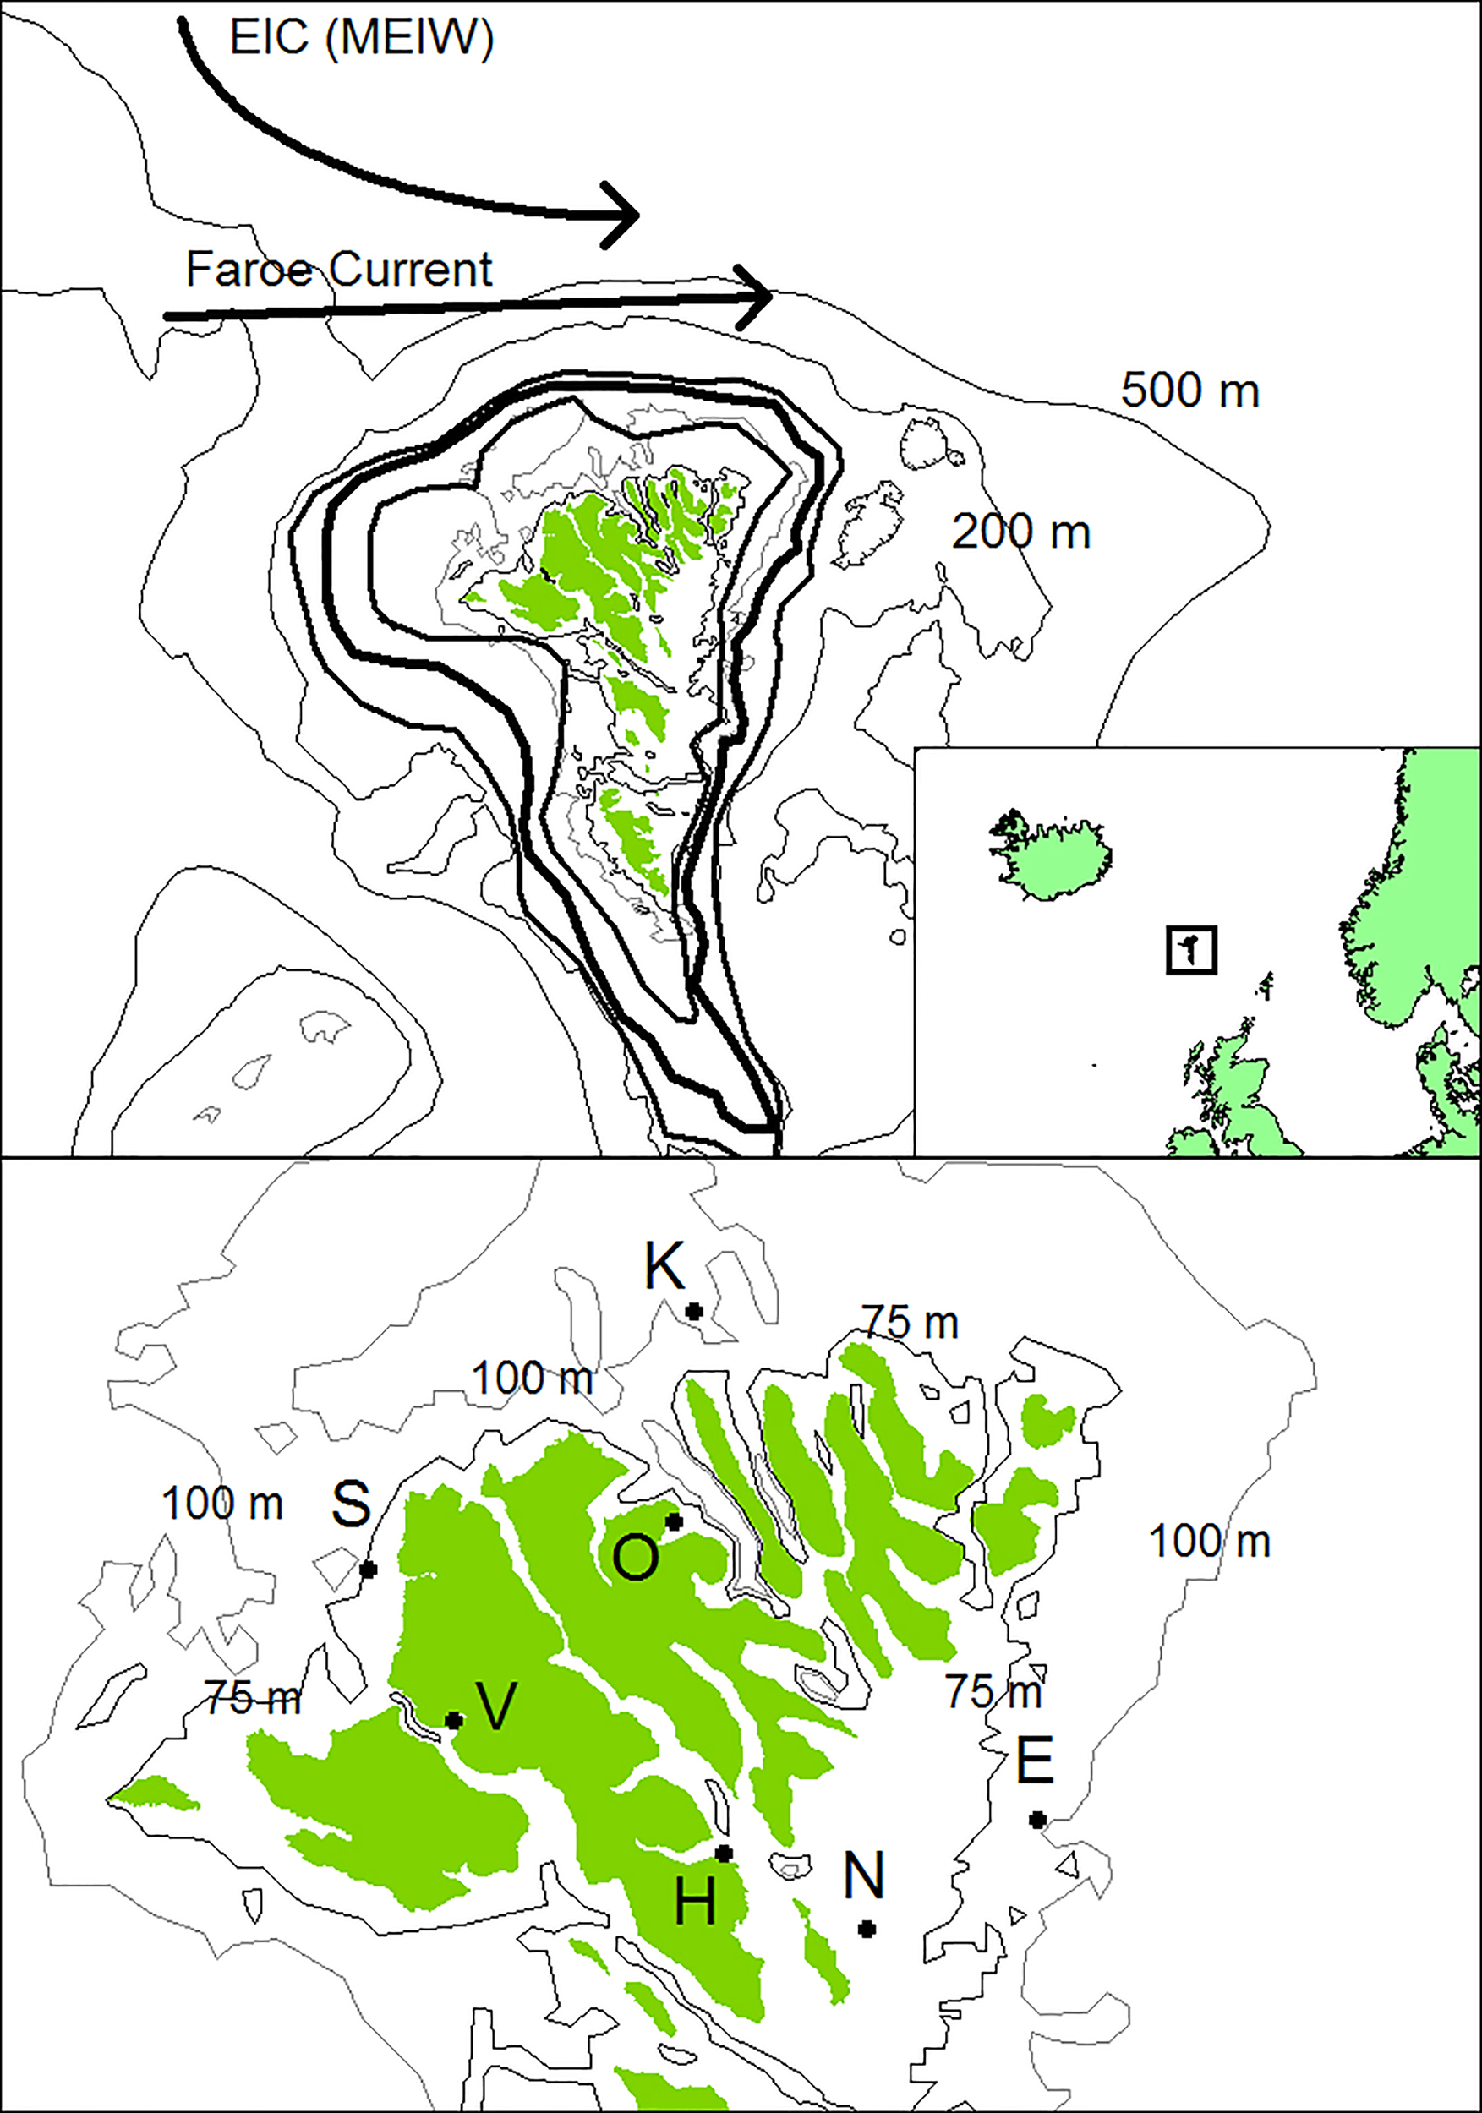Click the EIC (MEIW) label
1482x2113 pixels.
click(361, 41)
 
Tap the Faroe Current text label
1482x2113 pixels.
click(339, 270)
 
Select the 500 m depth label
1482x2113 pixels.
click(1189, 390)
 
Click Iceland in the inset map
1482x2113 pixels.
click(1054, 856)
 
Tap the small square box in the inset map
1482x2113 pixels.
click(1190, 949)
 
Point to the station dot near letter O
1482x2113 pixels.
click(674, 1522)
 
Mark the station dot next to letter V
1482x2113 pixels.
click(454, 1721)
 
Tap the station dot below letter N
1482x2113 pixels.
click(867, 1929)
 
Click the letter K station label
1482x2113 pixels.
click(664, 1266)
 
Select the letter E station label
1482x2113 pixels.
click(1035, 1763)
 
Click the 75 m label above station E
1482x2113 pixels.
click(994, 1691)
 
